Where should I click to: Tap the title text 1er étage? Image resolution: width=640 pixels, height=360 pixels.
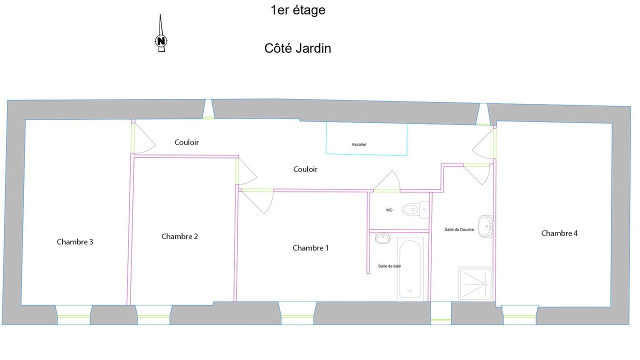point(298,10)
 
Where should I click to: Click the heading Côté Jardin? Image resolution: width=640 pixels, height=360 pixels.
point(297,48)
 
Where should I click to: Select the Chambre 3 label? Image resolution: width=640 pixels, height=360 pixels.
point(75,242)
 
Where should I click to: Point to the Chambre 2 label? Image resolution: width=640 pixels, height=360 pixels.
point(179,236)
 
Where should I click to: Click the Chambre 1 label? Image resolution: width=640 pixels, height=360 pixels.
point(310,248)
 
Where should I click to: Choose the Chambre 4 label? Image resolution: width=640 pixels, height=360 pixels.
point(559,233)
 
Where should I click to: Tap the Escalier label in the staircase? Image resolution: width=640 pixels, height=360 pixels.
point(359,144)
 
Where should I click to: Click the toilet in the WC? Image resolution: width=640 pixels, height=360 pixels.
point(415,209)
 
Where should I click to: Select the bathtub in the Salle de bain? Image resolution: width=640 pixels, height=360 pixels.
point(410,269)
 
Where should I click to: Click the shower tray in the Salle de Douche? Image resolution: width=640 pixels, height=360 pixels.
point(475,284)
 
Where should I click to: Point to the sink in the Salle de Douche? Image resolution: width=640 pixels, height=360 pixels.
point(485,226)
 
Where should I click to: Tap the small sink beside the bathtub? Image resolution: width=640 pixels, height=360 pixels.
point(382,237)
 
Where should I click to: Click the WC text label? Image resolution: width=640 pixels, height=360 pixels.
point(389,210)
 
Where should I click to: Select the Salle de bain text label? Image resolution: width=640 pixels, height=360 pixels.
point(389,266)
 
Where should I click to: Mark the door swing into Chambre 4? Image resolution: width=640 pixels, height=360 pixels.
point(484,144)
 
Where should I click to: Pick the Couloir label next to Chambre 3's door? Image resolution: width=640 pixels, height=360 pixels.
point(186,142)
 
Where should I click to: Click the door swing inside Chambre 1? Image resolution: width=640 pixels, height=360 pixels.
point(257,201)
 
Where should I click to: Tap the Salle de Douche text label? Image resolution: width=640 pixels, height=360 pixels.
point(459,229)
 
